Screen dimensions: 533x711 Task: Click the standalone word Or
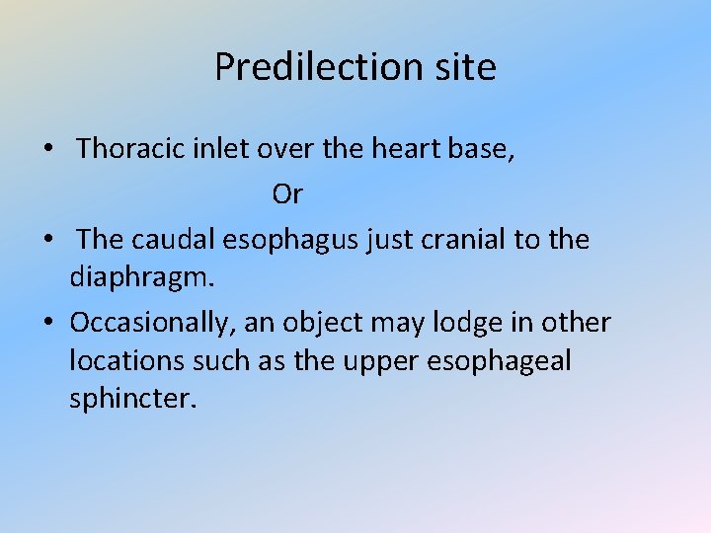point(287,194)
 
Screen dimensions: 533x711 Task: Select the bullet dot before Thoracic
point(47,151)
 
